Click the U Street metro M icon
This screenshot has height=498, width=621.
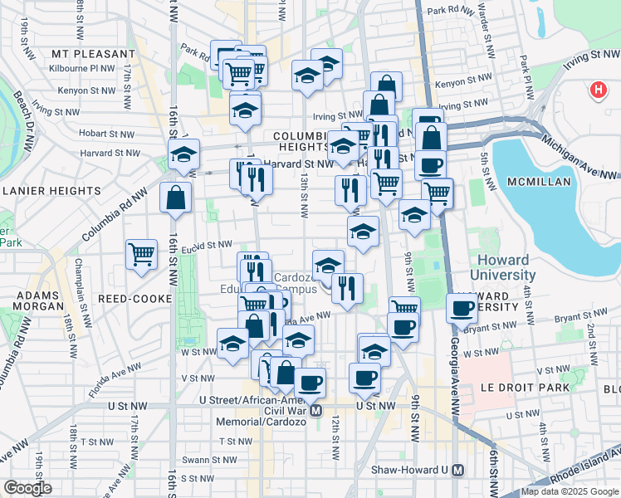[315, 410]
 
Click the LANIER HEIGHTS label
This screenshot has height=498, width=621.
[51, 190]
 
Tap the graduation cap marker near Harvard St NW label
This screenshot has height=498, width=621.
[184, 153]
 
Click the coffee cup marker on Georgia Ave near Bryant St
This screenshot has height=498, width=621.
[462, 308]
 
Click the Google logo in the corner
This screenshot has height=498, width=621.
[27, 488]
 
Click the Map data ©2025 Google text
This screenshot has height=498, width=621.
[569, 491]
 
